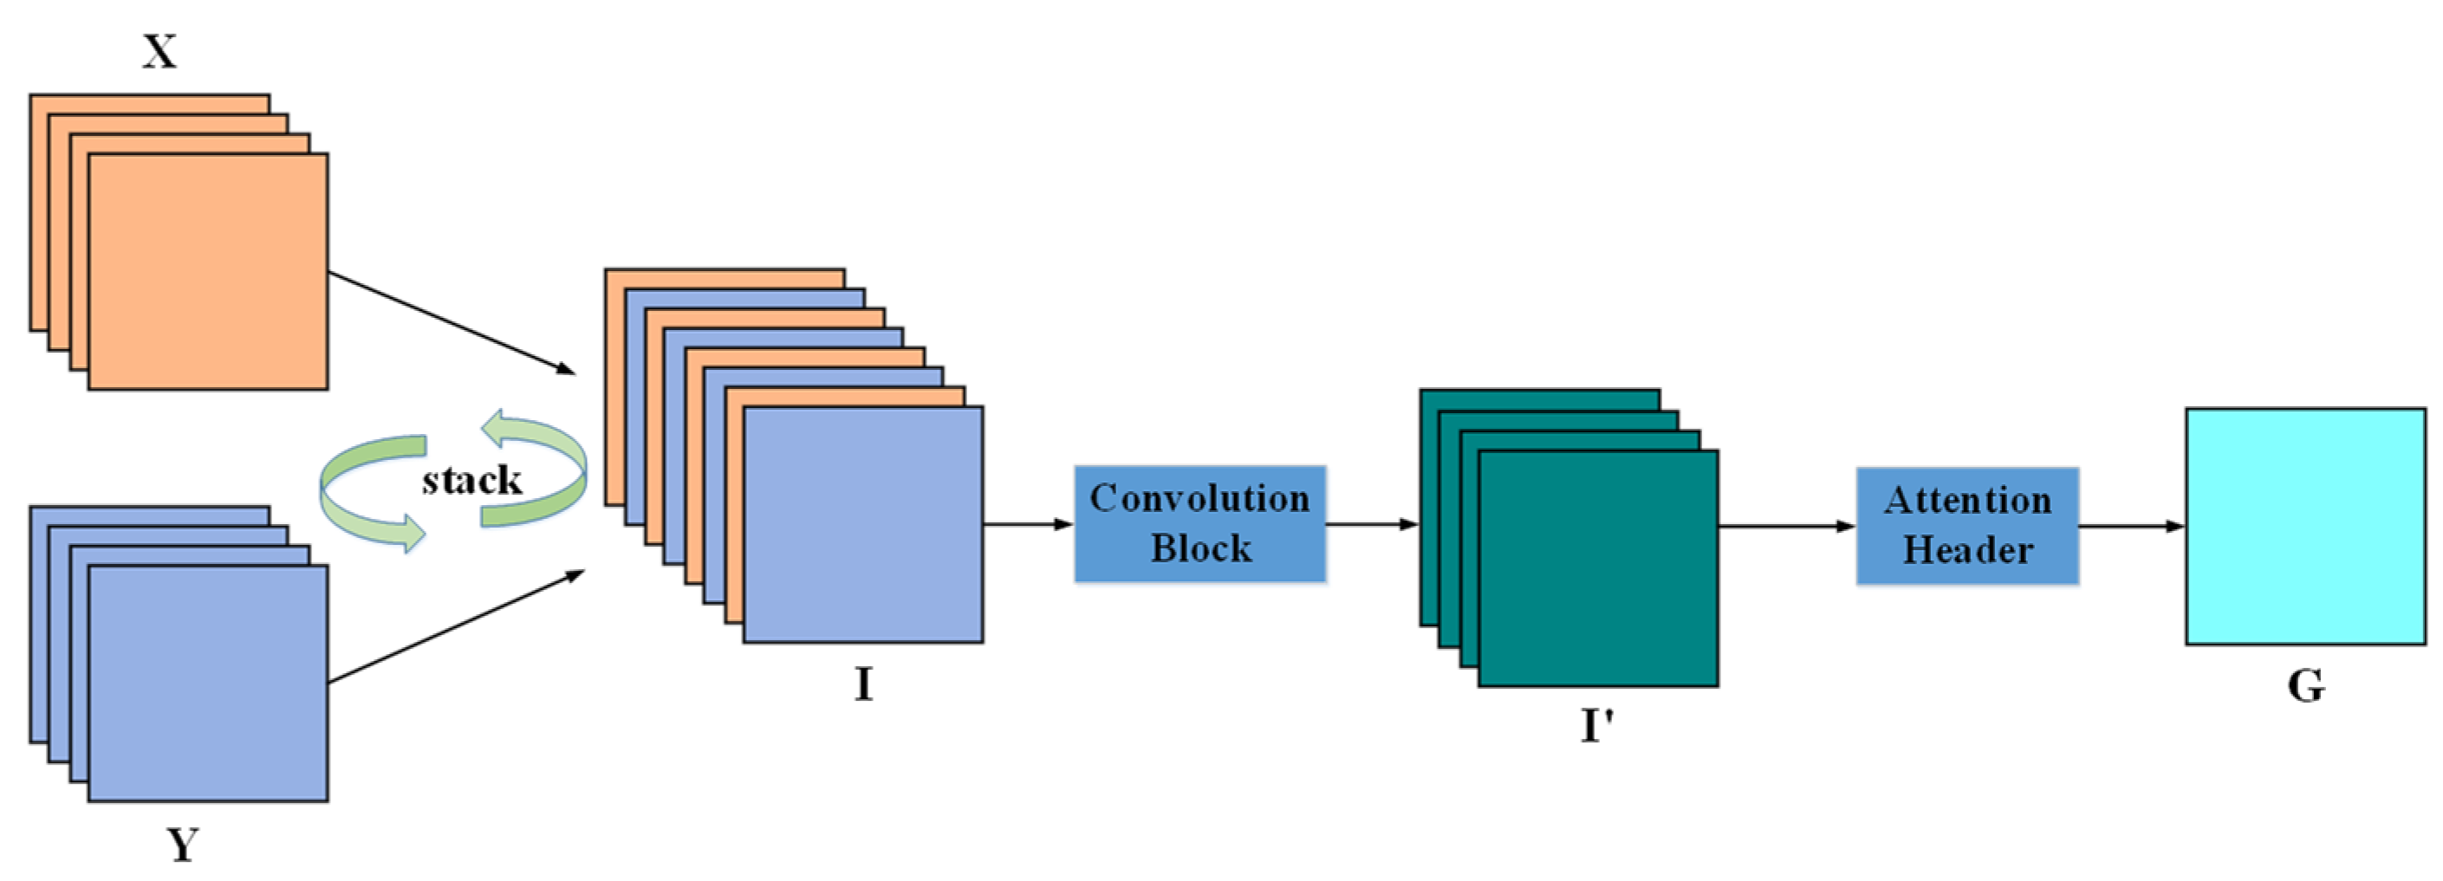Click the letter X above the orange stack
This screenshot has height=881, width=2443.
(x=159, y=51)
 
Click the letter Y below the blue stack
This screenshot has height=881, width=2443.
(x=183, y=843)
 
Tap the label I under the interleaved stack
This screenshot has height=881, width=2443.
(x=863, y=683)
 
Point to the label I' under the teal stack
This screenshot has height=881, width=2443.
(x=1597, y=725)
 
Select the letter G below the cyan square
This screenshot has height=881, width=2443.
(x=2305, y=685)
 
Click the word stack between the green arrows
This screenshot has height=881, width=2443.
(x=471, y=480)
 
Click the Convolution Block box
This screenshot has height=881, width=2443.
(x=1199, y=523)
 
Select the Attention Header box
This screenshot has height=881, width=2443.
(x=1967, y=525)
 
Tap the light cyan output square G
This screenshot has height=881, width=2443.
(x=2305, y=527)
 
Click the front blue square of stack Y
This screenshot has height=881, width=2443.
(x=208, y=683)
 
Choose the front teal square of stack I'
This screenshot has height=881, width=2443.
(x=1598, y=568)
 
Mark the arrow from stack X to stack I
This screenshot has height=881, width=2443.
(x=452, y=322)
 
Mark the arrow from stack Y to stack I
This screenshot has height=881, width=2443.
(x=455, y=627)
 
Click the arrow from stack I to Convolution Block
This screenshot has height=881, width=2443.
(x=1028, y=523)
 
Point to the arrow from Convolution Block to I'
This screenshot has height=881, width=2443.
(x=1371, y=523)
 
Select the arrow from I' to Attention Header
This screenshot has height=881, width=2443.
(x=1786, y=525)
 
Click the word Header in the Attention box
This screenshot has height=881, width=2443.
(x=1968, y=550)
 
